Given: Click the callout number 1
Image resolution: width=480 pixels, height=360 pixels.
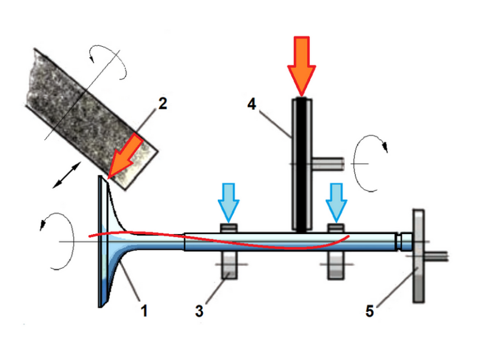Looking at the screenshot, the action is pyautogui.click(x=144, y=310).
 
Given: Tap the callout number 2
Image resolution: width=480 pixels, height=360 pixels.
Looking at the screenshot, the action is pyautogui.click(x=163, y=103).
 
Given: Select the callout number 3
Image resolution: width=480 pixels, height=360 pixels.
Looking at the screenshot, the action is pyautogui.click(x=199, y=311).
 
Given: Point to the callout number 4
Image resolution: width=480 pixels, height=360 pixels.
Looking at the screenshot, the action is pyautogui.click(x=251, y=104).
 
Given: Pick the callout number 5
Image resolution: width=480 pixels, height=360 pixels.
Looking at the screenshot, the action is pyautogui.click(x=370, y=311).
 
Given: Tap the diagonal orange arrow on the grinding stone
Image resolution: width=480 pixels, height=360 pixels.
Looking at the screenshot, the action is pyautogui.click(x=125, y=157).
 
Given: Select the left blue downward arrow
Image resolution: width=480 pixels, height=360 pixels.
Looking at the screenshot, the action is pyautogui.click(x=229, y=203).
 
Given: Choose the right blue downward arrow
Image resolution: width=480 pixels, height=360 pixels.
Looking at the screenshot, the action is pyautogui.click(x=337, y=203).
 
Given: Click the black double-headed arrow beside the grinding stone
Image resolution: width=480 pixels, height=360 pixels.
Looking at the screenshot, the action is pyautogui.click(x=67, y=175).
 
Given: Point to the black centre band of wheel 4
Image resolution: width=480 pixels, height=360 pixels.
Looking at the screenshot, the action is pyautogui.click(x=302, y=166).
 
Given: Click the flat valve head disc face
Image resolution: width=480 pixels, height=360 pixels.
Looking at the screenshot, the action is pyautogui.click(x=101, y=241).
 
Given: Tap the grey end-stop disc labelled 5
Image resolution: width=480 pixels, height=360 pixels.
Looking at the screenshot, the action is pyautogui.click(x=418, y=256).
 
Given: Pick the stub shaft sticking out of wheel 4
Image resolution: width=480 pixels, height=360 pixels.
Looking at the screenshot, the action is pyautogui.click(x=328, y=164).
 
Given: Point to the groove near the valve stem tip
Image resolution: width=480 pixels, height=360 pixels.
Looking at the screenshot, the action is pyautogui.click(x=399, y=242).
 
